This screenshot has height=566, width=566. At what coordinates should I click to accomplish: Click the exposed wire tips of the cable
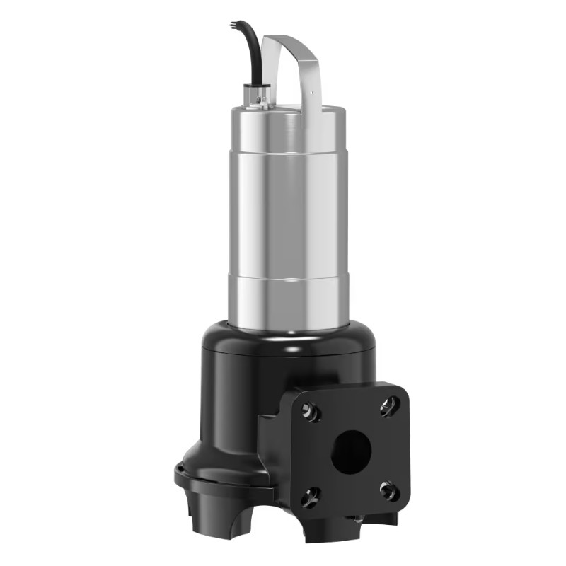[x=233, y=26]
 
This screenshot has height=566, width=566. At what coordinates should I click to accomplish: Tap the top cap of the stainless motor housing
[x=283, y=113]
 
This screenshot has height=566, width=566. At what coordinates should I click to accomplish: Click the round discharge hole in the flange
[x=351, y=452]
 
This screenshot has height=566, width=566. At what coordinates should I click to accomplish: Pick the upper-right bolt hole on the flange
[x=388, y=405]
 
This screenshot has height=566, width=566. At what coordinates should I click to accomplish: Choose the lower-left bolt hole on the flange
[x=309, y=497]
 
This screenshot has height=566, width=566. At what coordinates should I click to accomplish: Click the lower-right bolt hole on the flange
[x=387, y=490]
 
